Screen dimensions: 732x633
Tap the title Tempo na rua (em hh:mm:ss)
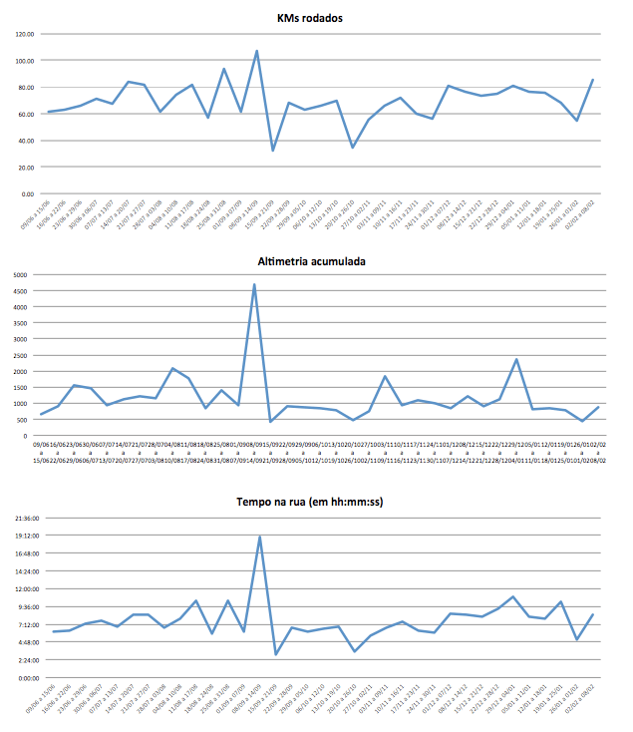pos(310,502)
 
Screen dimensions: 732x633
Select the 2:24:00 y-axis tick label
pos(23,660)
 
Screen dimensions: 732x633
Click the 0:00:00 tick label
pos(23,678)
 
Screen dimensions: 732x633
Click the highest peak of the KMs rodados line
pos(256,51)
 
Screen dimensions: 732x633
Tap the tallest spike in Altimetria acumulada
pos(254,284)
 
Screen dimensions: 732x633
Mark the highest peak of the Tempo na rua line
pos(259,537)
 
